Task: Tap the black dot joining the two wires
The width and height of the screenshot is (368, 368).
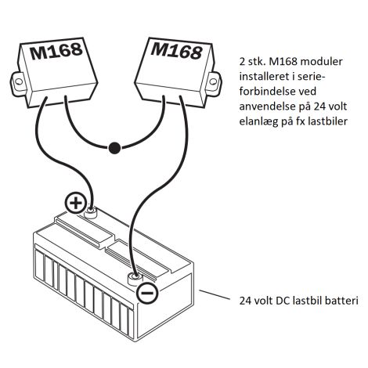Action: (115, 146)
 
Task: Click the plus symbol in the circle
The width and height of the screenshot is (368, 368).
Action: (76, 204)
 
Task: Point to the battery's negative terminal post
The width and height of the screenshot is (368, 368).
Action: (135, 276)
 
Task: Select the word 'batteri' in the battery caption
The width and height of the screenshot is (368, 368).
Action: (335, 300)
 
